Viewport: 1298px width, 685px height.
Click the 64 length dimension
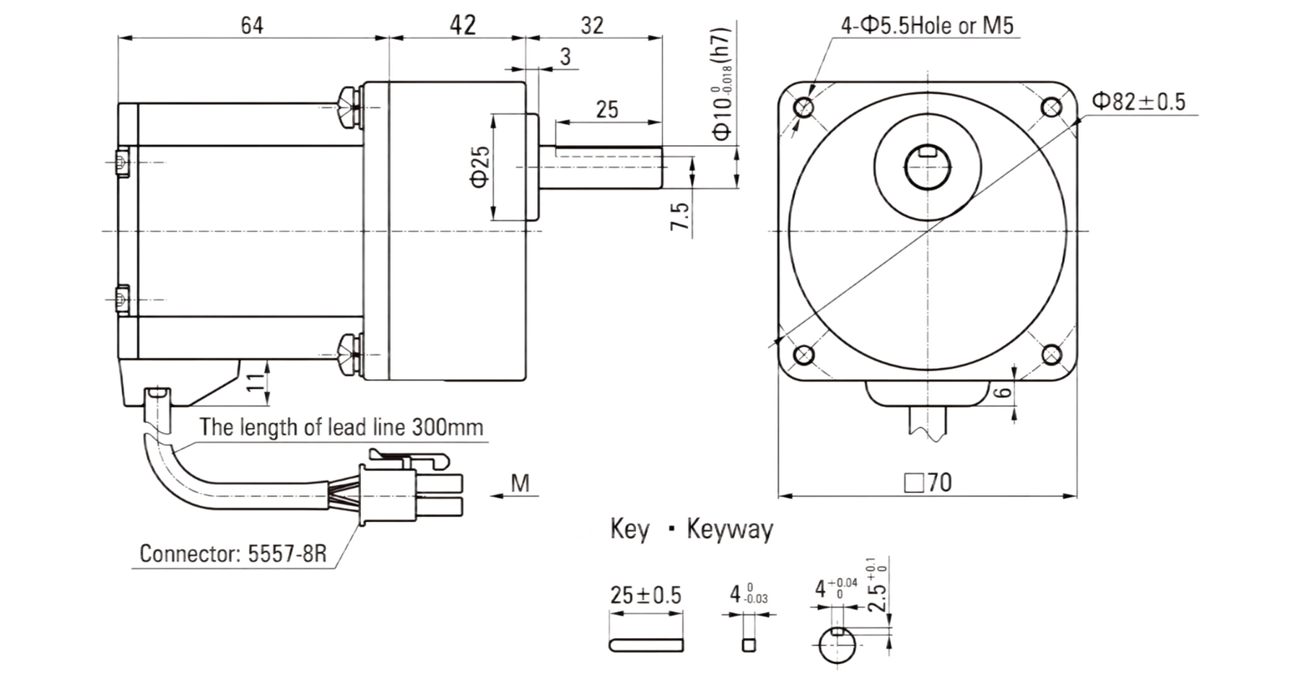(252, 25)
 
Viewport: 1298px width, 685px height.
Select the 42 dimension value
(462, 25)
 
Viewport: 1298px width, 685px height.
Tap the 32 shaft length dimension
(592, 25)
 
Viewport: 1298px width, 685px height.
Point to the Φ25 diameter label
(480, 167)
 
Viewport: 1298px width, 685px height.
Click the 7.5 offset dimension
(681, 216)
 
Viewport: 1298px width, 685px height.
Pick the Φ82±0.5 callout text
(1139, 102)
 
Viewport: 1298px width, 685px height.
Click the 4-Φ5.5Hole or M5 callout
(927, 25)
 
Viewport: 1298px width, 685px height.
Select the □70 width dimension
(928, 482)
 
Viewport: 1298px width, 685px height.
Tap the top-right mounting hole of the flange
(1051, 107)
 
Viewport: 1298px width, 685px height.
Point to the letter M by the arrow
(520, 482)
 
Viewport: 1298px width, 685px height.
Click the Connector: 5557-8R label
(233, 554)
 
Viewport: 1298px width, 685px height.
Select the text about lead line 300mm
(342, 427)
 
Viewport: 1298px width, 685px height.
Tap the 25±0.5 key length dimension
(646, 595)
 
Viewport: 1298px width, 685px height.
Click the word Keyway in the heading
(730, 529)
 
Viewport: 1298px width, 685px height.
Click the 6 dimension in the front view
(1004, 392)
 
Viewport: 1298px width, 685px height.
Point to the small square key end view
(749, 644)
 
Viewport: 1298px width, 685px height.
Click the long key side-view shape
(646, 644)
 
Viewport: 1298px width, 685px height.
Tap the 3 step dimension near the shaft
(565, 57)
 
